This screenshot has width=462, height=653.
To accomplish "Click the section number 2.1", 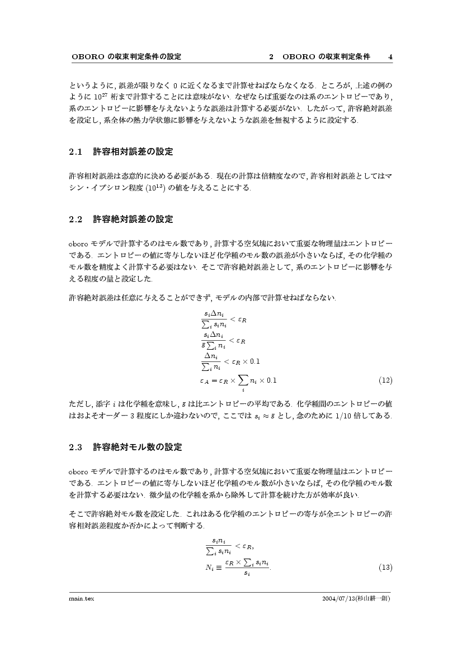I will click(76, 152).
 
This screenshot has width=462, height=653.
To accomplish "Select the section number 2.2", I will click(76, 219).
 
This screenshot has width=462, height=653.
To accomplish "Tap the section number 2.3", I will click(76, 447).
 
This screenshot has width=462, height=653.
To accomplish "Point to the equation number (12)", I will click(385, 381).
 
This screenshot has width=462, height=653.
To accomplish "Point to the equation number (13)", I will click(385, 568).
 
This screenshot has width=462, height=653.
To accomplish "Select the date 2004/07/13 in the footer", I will click(340, 598).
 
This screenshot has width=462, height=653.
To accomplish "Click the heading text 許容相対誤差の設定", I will click(133, 152).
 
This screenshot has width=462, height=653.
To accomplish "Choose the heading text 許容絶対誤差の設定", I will click(133, 219).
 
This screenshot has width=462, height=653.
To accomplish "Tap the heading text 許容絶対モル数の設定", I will click(137, 447).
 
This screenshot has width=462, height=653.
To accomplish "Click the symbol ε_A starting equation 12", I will click(205, 381).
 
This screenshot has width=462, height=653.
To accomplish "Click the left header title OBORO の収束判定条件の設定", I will click(127, 57).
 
